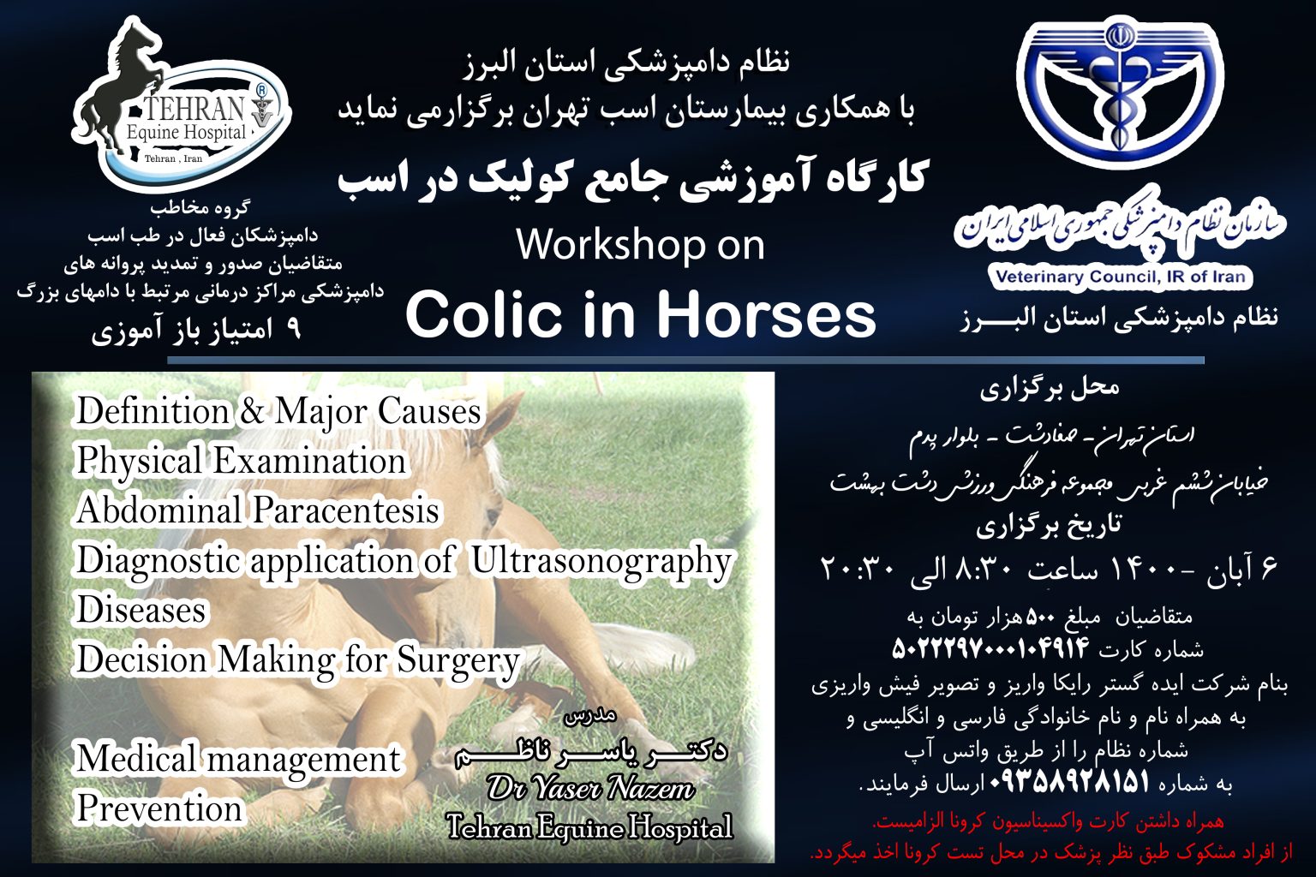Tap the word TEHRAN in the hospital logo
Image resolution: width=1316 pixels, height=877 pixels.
tap(193, 110)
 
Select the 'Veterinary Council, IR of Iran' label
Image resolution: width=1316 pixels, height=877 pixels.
tap(1120, 277)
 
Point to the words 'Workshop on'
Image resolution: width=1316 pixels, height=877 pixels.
tap(640, 246)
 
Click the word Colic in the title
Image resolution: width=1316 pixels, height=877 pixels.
tap(481, 315)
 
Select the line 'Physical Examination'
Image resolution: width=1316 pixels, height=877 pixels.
tap(240, 462)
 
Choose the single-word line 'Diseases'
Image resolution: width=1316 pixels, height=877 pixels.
tap(141, 611)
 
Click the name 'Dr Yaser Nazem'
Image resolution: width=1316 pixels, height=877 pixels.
tap(590, 787)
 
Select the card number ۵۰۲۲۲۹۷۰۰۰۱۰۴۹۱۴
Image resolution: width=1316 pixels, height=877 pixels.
tap(990, 647)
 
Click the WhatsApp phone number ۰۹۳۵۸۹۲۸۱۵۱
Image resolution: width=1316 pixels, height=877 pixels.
tap(1068, 782)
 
